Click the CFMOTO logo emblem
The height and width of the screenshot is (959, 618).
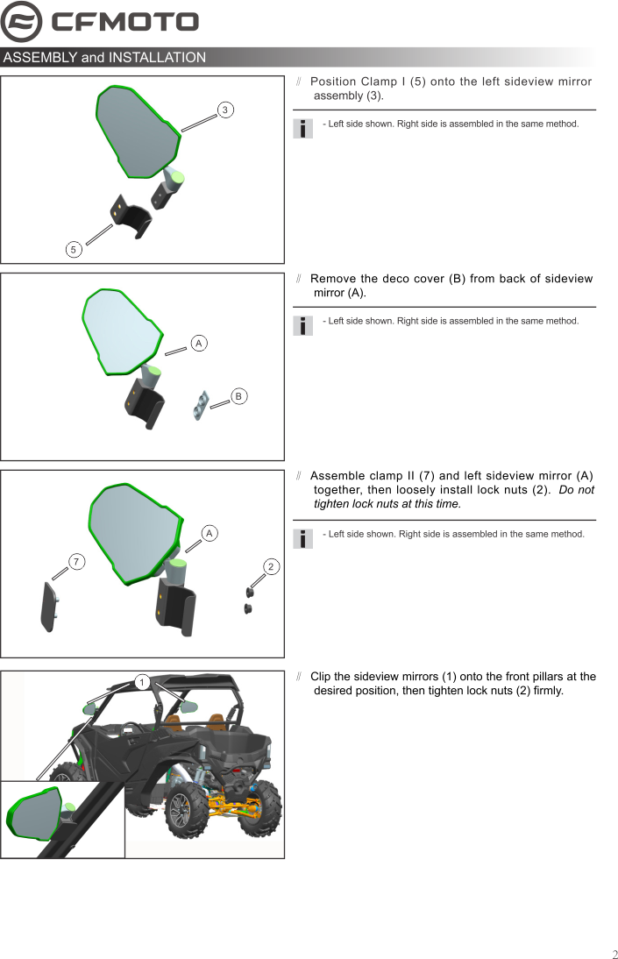point(21,22)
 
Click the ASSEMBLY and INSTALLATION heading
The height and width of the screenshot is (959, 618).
point(104,58)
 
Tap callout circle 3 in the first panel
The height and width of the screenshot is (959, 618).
point(225,110)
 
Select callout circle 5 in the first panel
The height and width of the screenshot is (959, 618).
point(75,250)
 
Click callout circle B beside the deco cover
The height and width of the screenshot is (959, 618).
point(238,396)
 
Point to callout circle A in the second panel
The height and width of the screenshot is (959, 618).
point(199,344)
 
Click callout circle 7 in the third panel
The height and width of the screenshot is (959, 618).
point(77,562)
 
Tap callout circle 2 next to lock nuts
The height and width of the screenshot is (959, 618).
point(271,567)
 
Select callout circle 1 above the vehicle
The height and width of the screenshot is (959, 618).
point(140,682)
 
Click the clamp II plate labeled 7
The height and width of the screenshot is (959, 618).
point(48,607)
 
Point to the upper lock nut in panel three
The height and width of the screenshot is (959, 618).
point(250,593)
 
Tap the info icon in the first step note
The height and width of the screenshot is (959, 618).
point(302,128)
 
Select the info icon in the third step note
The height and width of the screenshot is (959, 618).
point(302,538)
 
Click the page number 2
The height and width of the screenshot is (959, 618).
point(614,954)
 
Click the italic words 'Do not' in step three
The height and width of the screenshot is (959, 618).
point(576,490)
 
